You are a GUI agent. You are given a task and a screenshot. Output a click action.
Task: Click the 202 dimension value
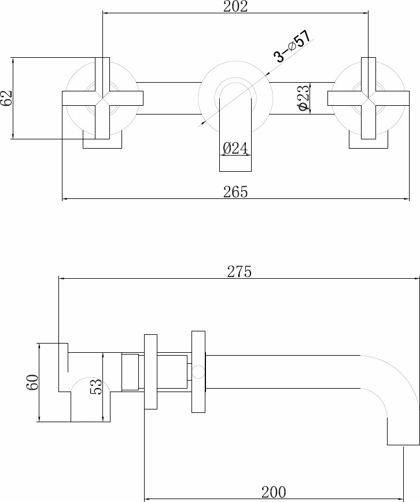(x=235, y=6)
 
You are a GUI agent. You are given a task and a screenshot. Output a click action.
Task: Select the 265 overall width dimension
(x=235, y=192)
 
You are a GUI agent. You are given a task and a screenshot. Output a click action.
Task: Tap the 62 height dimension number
(x=6, y=98)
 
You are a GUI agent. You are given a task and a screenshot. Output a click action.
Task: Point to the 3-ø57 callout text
(x=292, y=46)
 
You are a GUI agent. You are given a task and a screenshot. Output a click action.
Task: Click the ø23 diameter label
(x=304, y=98)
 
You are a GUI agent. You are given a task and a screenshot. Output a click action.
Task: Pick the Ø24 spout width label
(x=235, y=149)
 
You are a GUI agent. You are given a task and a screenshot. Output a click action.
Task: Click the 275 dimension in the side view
(x=240, y=272)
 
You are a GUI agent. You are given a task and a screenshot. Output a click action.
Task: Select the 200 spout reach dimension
(x=274, y=492)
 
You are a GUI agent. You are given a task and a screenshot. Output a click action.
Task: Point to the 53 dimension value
(x=96, y=386)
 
